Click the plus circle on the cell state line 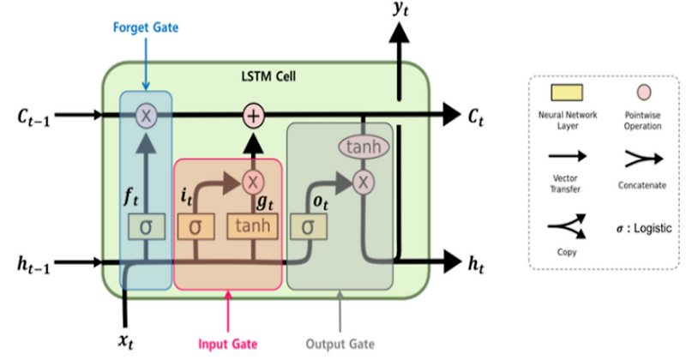tap(253, 114)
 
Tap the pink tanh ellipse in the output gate tap(364, 147)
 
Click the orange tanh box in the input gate tap(253, 227)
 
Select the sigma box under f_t tap(145, 227)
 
